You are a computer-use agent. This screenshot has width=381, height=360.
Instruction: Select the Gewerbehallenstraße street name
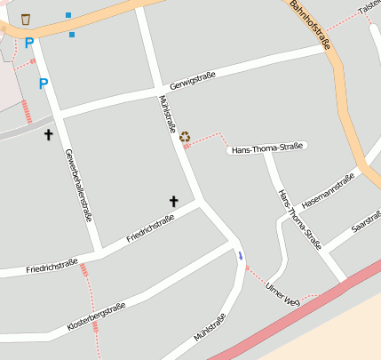78,185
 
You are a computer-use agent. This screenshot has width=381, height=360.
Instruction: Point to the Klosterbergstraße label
96,317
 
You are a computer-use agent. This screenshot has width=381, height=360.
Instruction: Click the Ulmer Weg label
283,293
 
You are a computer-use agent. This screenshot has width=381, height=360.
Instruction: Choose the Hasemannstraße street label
329,190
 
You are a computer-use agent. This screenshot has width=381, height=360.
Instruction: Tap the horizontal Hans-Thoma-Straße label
267,148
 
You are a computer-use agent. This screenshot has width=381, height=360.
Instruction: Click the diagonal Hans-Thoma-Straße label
299,220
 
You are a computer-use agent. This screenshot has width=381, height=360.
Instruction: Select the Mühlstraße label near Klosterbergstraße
210,327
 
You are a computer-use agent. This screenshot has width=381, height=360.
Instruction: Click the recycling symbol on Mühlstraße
185,136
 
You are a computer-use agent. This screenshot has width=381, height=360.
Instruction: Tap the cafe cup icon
26,19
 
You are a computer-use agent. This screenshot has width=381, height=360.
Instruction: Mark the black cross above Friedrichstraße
174,202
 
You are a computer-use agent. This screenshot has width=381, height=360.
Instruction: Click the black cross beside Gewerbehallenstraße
49,135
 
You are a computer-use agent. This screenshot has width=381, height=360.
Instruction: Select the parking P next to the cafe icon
28,43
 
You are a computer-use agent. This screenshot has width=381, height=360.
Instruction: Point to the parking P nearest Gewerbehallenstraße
43,84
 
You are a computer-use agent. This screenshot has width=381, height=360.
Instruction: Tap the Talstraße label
369,7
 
